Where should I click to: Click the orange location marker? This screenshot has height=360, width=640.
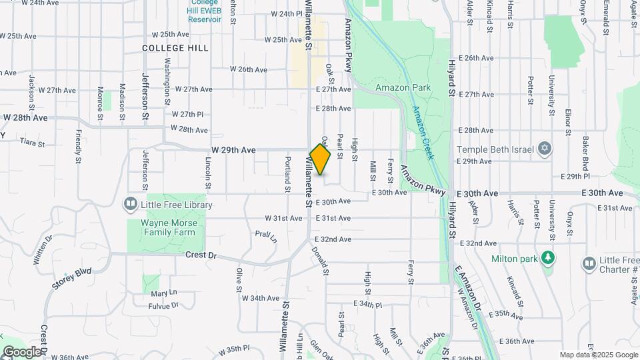[320, 160]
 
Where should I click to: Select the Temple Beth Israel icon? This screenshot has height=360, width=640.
[545, 147]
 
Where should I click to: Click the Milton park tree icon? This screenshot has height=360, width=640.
[548, 258]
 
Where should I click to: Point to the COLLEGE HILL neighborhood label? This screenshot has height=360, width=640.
[175, 48]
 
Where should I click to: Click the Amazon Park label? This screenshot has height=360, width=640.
[403, 87]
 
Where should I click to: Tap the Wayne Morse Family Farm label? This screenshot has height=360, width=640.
[167, 227]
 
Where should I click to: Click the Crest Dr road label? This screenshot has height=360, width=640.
[201, 254]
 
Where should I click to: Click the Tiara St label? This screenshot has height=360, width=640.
[31, 143]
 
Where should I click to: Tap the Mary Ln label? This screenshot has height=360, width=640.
[164, 293]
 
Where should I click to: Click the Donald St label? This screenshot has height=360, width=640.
[320, 261]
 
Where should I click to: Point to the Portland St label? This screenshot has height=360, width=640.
[287, 174]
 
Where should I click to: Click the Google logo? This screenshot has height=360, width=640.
[22, 352]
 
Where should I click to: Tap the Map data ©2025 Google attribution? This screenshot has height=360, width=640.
[598, 355]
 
